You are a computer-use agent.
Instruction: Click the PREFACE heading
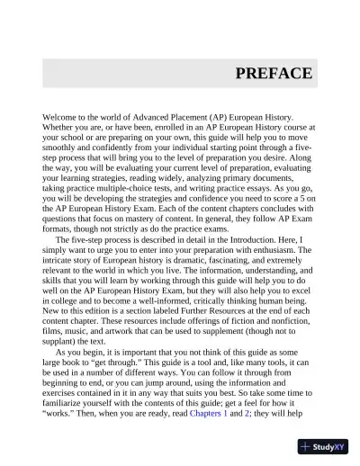pyautogui.click(x=274, y=74)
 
